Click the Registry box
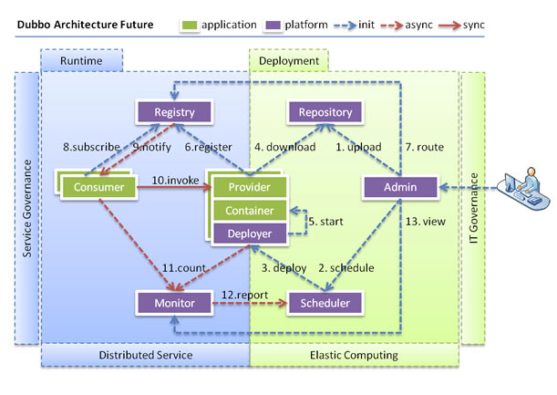tap(174, 112)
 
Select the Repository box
tap(325, 112)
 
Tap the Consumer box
tap(98, 187)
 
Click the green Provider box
tap(250, 187)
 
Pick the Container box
tap(250, 211)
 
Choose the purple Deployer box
tap(250, 234)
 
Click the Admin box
tap(400, 187)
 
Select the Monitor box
tap(174, 303)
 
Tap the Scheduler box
tap(325, 303)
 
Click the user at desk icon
tap(524, 189)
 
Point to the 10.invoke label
tap(175, 181)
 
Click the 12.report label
tap(244, 295)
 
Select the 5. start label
tap(325, 222)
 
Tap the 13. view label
tap(426, 222)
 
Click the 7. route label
tap(425, 147)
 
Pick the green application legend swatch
tap(190, 26)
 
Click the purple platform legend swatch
tap(273, 26)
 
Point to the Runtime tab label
tap(81, 61)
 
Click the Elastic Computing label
tap(354, 355)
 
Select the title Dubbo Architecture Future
tap(86, 25)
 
